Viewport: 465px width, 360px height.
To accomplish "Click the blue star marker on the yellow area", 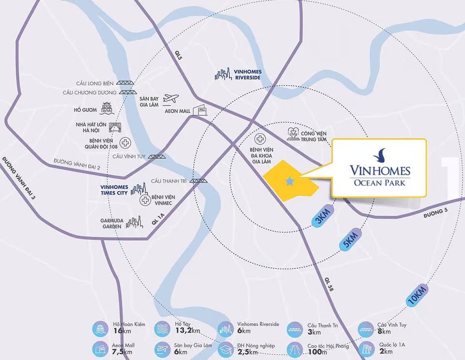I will click(x=290, y=181).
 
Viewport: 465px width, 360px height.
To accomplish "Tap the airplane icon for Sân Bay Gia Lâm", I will click(x=171, y=99).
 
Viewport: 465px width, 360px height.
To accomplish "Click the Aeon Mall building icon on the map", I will click(x=200, y=110).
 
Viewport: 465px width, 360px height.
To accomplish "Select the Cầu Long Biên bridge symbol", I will click(x=127, y=83).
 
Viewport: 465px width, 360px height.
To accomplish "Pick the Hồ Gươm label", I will click(x=86, y=110).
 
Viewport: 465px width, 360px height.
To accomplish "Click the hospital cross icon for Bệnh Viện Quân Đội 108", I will click(x=125, y=142).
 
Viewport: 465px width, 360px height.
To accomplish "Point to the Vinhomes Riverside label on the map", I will click(x=247, y=75).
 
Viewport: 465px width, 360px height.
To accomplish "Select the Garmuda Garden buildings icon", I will click(x=134, y=222).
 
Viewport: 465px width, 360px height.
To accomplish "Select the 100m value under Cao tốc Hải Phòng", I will click(x=318, y=352).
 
